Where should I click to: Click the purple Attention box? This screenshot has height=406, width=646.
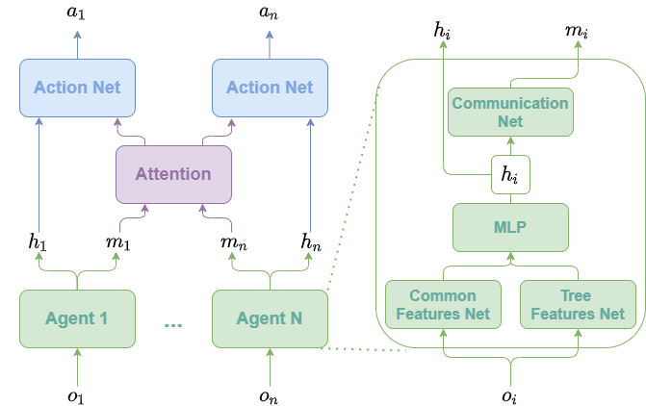tap(173, 174)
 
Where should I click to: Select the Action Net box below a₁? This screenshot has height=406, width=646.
tap(77, 89)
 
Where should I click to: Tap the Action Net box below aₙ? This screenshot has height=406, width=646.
tap(270, 89)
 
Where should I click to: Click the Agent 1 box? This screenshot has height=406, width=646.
tap(77, 318)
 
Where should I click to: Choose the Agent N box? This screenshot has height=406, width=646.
tap(270, 318)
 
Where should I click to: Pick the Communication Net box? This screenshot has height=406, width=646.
tap(510, 112)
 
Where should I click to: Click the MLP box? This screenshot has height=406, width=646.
tap(510, 227)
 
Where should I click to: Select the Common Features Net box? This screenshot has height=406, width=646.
tap(443, 305)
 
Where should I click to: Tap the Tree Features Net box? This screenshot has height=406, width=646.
tap(578, 305)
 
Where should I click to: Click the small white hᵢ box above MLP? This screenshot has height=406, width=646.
tap(510, 174)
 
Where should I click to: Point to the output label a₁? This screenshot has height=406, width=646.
tap(75, 13)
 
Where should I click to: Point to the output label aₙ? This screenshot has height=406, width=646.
tap(269, 13)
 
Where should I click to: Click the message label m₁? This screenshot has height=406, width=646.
tap(117, 242)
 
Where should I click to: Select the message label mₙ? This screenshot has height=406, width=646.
tap(234, 242)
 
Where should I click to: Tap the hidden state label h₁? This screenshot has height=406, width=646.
tap(38, 241)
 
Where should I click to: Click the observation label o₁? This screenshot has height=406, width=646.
tap(76, 396)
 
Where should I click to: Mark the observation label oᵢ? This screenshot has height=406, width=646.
tap(509, 396)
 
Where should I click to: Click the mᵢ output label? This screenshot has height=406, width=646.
tap(577, 32)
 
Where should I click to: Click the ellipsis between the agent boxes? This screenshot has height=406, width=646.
tap(173, 325)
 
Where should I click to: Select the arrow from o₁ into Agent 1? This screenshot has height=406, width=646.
tap(77, 368)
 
